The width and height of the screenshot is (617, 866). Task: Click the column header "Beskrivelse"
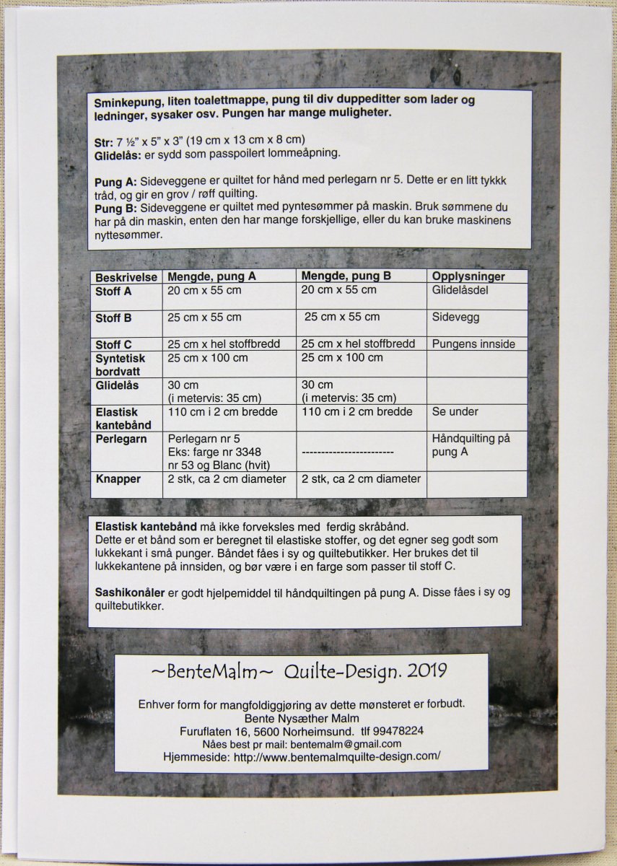tap(126, 277)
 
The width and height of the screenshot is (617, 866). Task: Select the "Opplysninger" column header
tap(468, 276)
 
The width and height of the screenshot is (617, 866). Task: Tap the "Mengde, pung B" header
tap(346, 276)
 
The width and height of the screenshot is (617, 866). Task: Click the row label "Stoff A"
tap(113, 291)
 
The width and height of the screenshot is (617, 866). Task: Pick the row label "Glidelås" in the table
tap(117, 385)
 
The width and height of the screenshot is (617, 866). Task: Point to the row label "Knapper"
tap(118, 479)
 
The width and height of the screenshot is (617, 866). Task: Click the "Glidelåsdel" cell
tap(461, 290)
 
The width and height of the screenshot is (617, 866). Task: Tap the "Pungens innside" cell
tap(473, 344)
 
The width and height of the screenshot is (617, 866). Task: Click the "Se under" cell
tap(455, 412)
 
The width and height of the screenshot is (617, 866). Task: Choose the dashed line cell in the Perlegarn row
tap(347, 452)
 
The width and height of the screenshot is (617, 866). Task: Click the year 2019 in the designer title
tap(426, 672)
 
